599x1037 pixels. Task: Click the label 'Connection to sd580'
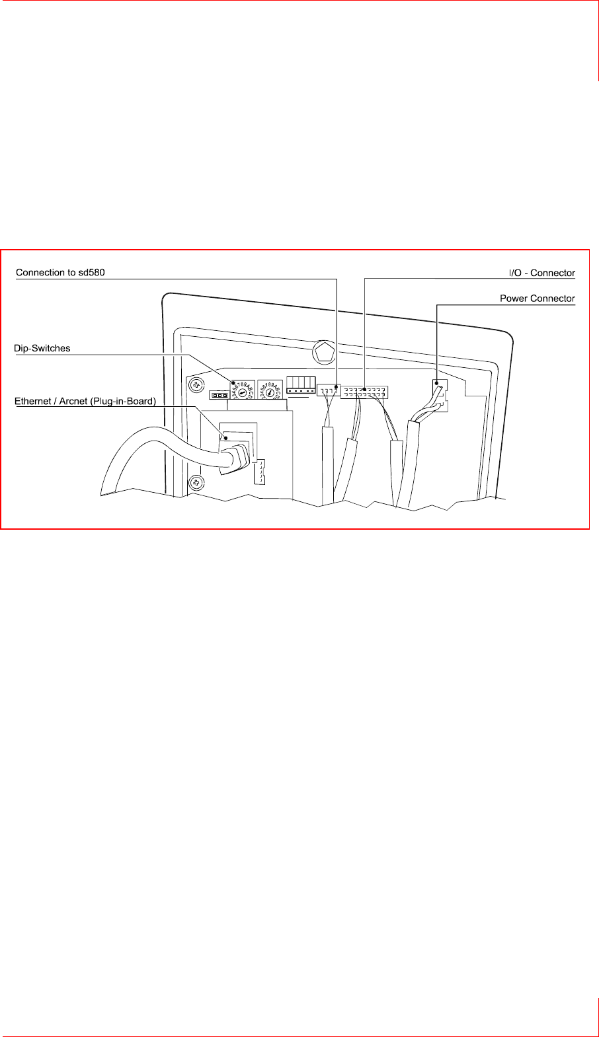click(x=60, y=272)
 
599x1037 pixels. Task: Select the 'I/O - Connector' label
click(x=541, y=273)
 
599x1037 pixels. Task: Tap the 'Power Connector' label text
click(x=537, y=299)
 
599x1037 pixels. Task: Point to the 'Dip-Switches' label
click(x=42, y=348)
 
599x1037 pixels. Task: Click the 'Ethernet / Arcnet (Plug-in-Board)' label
click(x=85, y=401)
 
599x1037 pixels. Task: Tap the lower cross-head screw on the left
click(x=196, y=483)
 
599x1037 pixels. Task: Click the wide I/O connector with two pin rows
click(x=364, y=392)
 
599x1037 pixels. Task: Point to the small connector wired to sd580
click(x=329, y=390)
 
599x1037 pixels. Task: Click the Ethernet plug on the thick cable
click(x=235, y=456)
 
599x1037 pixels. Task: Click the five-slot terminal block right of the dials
click(x=301, y=386)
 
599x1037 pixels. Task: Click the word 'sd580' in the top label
click(x=92, y=272)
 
